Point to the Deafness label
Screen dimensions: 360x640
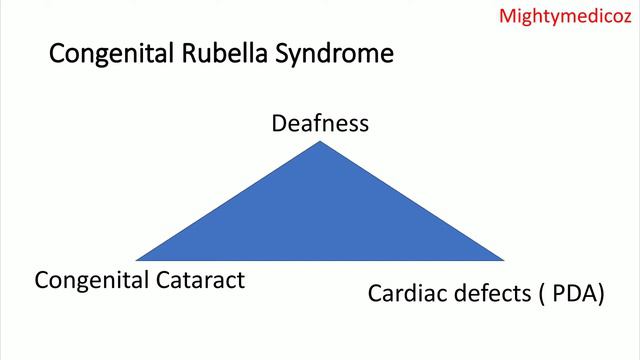pos(320,124)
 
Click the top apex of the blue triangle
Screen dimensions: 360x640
pos(320,143)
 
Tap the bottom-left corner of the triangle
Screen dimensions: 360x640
pos(138,259)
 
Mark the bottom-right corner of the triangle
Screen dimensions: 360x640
pos(503,259)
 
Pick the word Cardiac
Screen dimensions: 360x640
pos(402,294)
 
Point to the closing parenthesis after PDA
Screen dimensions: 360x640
pos(600,295)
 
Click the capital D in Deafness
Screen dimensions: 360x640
pos(279,124)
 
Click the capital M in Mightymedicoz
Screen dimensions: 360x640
pos(506,16)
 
